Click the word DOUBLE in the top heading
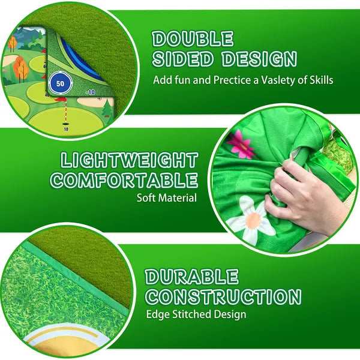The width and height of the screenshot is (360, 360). [x=193, y=39]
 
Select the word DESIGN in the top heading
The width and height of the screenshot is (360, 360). [x=259, y=59]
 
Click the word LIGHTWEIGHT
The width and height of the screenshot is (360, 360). [x=129, y=160]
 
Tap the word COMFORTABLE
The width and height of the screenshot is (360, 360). [x=124, y=180]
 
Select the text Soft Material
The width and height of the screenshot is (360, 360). [x=167, y=198]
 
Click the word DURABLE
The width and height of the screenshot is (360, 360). [x=192, y=276]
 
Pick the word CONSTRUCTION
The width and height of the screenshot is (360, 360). [x=224, y=296]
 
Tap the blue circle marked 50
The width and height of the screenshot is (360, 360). [x=61, y=83]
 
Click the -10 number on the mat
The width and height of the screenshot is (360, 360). [x=91, y=92]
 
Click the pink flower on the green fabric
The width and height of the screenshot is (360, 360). [x=241, y=145]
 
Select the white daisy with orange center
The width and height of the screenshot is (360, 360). [x=252, y=220]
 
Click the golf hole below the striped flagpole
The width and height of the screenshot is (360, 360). [x=65, y=124]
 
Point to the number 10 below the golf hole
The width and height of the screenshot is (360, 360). [x=66, y=129]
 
